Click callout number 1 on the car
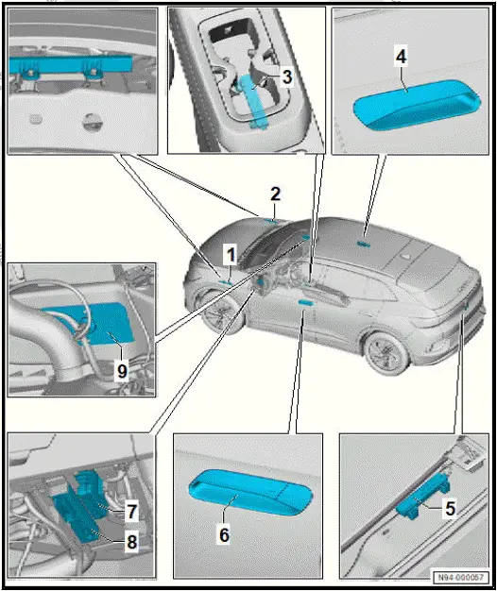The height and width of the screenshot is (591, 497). click(229, 253)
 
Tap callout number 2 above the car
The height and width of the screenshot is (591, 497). click(275, 194)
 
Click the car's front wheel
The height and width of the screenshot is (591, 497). click(219, 319)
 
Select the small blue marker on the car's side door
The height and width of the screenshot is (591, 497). click(303, 302)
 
